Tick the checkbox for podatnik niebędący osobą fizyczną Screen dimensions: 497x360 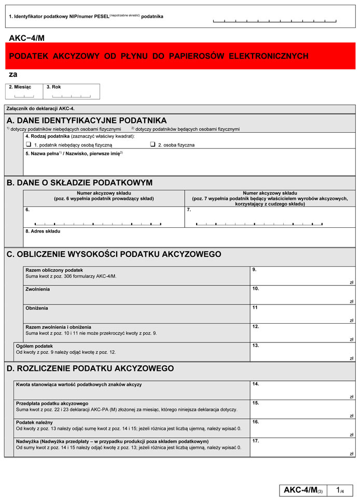pyautogui.click(x=29, y=145)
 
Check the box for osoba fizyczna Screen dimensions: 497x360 pyautogui.click(x=153, y=145)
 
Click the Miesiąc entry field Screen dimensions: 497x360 pyautogui.click(x=24, y=95)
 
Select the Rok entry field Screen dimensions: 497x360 pyautogui.click(x=72, y=95)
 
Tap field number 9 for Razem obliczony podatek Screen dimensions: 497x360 pyautogui.click(x=302, y=277)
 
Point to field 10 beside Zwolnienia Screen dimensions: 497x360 pyautogui.click(x=302, y=295)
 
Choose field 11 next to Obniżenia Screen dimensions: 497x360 pyautogui.click(x=302, y=314)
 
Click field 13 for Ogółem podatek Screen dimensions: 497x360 pyautogui.click(x=302, y=352)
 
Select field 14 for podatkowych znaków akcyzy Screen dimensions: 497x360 pyautogui.click(x=302, y=390)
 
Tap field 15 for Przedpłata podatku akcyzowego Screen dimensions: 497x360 pyautogui.click(x=302, y=409)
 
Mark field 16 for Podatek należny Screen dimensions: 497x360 pyautogui.click(x=302, y=429)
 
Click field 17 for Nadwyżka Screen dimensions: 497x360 pyautogui.click(x=302, y=447)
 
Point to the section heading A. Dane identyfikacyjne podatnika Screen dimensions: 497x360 pyautogui.click(x=87, y=120)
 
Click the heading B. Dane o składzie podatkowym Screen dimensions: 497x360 pyautogui.click(x=79, y=183)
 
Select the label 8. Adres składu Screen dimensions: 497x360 pyautogui.click(x=43, y=231)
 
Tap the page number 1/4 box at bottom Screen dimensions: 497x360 pyautogui.click(x=341, y=490)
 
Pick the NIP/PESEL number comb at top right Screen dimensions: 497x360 pyautogui.click(x=274, y=21)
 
